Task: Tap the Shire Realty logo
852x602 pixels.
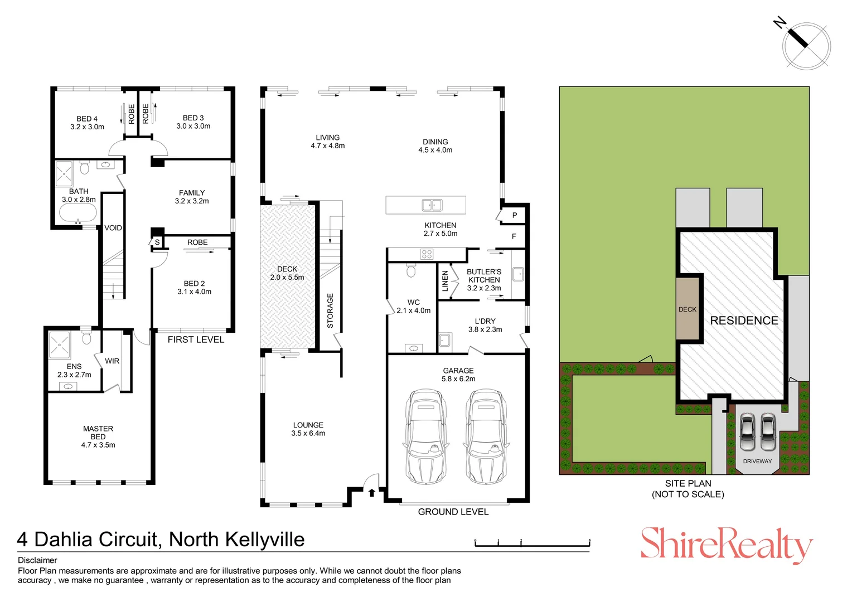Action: click(726, 545)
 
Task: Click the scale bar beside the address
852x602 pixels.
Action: click(532, 543)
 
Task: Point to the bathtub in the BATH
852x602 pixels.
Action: click(78, 213)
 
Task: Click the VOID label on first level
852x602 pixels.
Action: click(113, 228)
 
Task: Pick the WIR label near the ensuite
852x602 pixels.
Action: click(112, 361)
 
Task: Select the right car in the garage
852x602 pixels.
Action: click(486, 436)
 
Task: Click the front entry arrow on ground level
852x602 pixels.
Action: click(372, 492)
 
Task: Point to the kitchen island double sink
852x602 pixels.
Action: click(432, 205)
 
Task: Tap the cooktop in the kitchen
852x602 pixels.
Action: click(427, 254)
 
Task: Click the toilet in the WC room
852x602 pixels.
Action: click(412, 271)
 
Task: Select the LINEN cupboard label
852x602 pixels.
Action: click(445, 281)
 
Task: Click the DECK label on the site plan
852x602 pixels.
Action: click(688, 309)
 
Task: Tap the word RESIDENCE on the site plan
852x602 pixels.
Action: click(744, 321)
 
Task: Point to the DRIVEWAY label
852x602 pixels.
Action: click(757, 461)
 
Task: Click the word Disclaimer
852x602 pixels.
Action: click(37, 560)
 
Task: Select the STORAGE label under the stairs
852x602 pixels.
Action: click(330, 310)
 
